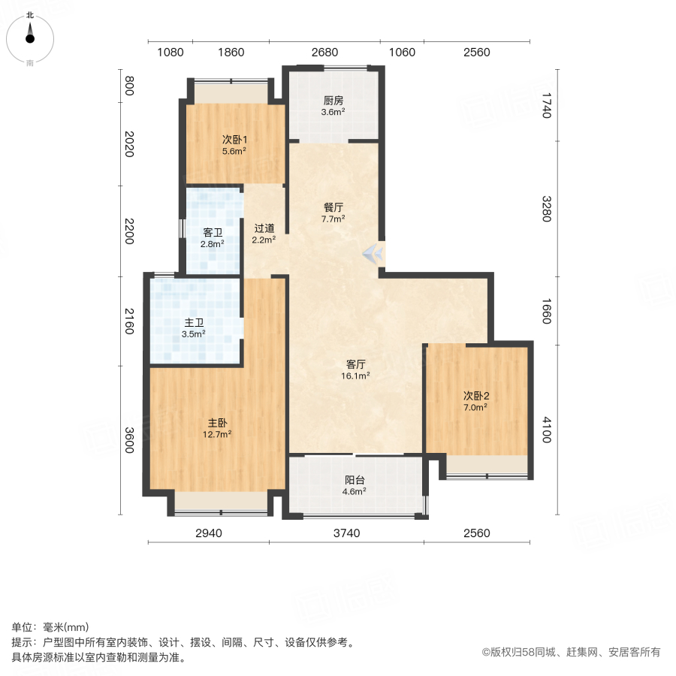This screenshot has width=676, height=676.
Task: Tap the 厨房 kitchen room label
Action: click(333, 101)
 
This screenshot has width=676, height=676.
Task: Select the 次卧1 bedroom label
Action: click(234, 139)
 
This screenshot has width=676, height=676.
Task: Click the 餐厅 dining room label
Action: click(333, 207)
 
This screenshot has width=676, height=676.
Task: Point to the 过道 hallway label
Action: click(264, 228)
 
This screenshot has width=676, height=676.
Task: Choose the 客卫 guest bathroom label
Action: click(213, 233)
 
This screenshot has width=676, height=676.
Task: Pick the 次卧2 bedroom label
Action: click(475, 396)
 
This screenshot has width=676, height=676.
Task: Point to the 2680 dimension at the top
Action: click(324, 52)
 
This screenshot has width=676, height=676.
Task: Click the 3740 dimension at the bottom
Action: click(347, 533)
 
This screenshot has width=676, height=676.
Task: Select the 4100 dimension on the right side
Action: click(547, 430)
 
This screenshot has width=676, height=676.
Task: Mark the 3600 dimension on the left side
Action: click(129, 440)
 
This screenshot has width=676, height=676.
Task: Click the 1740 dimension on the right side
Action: click(547, 104)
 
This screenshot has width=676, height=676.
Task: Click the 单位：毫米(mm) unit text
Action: click(50, 628)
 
